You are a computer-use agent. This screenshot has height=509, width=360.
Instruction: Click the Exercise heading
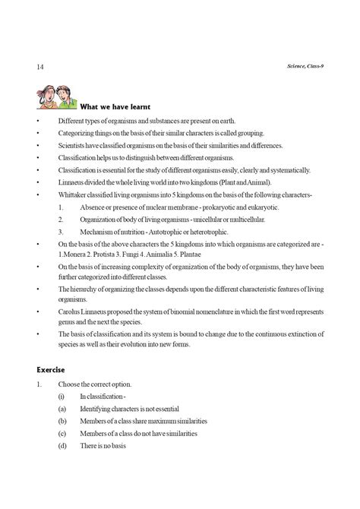tap(52, 369)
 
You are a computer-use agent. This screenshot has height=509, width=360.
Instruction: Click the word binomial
tap(191, 313)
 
